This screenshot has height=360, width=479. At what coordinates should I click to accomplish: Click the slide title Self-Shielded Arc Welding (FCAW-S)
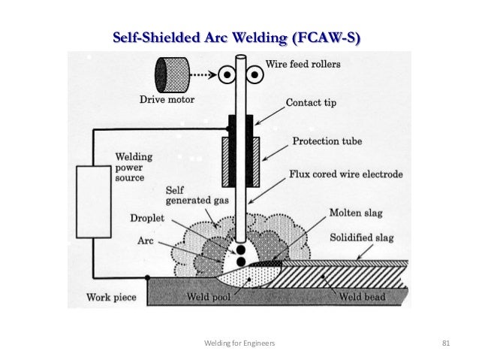(x=236, y=37)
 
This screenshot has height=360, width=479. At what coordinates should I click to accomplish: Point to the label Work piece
(x=111, y=297)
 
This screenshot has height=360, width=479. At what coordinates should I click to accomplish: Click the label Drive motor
(x=168, y=99)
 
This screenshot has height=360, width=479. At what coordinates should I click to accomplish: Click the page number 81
(x=445, y=343)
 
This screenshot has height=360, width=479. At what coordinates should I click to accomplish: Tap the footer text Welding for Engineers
(x=239, y=343)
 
